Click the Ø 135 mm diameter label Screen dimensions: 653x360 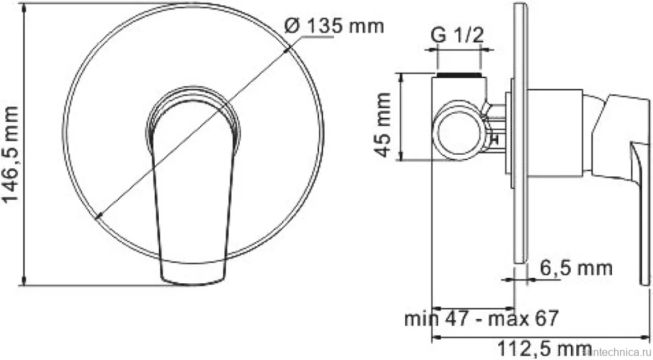(334, 26)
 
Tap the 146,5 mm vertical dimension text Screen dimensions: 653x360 (11, 153)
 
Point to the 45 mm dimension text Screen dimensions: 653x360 (384, 124)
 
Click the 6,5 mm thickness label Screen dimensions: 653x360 (576, 268)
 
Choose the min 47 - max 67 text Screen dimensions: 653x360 (481, 319)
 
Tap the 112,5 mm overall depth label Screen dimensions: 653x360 (545, 349)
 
